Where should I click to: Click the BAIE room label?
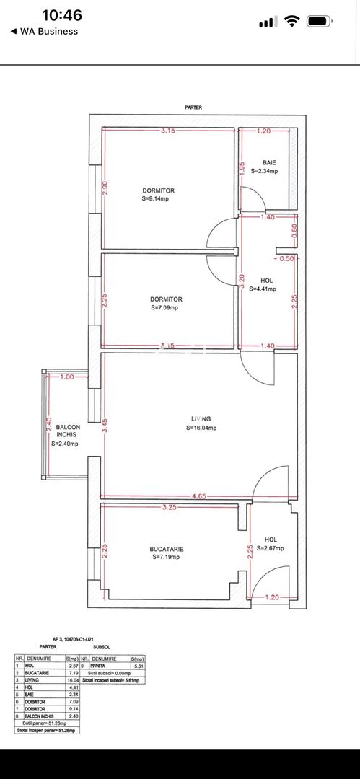(x=268, y=163)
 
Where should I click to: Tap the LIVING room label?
(x=201, y=418)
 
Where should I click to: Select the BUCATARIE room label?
(x=167, y=549)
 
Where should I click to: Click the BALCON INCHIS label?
(x=65, y=431)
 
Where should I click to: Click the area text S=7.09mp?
(x=166, y=308)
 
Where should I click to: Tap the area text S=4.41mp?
(x=263, y=289)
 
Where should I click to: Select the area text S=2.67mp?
(x=271, y=548)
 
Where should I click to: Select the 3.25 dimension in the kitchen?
(x=170, y=507)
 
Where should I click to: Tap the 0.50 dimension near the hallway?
(x=286, y=258)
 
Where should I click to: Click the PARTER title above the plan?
(x=193, y=107)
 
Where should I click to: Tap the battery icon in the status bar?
(x=318, y=22)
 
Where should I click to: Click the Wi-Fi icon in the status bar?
(x=291, y=22)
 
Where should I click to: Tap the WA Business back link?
(x=44, y=31)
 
